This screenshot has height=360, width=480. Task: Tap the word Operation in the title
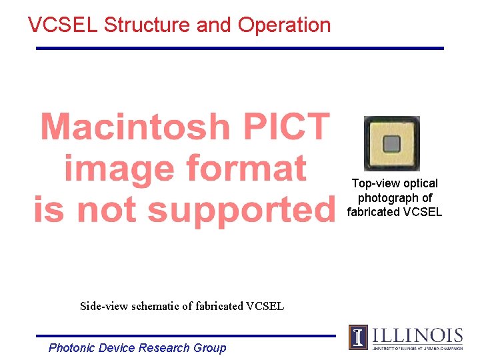point(284,26)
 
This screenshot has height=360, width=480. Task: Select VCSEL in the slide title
point(63,25)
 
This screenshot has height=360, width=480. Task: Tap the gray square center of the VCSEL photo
point(391,144)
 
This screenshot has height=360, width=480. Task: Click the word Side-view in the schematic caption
point(103,307)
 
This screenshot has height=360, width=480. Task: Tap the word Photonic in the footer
point(72,348)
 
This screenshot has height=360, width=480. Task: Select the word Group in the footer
point(209,348)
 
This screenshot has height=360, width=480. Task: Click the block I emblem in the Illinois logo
point(358,337)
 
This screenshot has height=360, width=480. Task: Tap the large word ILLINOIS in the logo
point(417,335)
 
